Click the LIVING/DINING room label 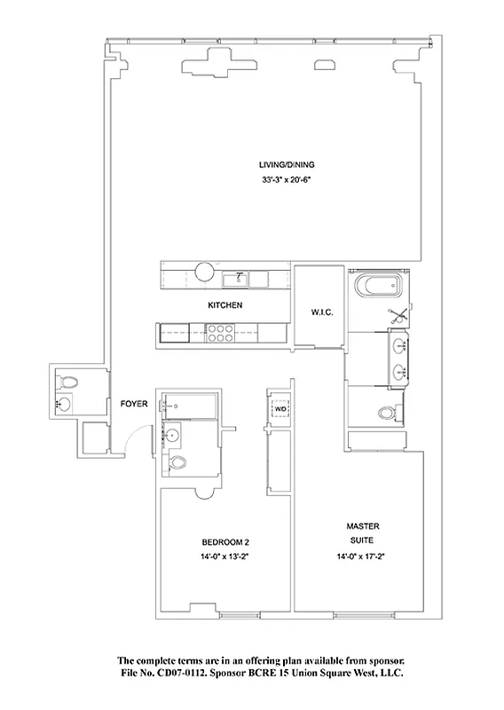287,165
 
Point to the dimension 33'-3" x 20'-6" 287,181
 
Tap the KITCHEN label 225,305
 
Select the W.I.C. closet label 319,312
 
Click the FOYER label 133,404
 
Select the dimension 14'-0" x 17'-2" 363,558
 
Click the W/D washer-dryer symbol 280,410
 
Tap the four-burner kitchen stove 219,333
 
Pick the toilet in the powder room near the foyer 71,383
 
